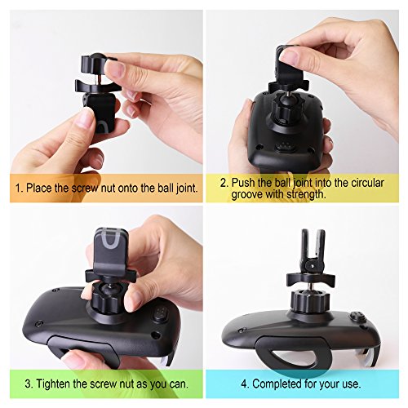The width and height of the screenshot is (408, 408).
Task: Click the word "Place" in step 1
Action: point(39,188)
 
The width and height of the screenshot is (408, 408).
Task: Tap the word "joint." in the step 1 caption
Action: point(187,188)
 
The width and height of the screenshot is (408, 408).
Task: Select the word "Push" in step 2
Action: point(242,183)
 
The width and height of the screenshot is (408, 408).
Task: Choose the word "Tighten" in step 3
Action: point(53,384)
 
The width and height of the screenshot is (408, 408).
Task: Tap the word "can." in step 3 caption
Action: point(179,384)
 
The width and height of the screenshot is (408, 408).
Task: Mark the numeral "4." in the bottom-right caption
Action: point(246,384)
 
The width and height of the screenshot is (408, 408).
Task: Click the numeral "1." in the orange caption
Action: point(20,188)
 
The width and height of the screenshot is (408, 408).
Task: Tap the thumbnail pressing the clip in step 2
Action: point(288,57)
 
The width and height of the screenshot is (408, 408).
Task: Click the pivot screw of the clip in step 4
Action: point(313,264)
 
